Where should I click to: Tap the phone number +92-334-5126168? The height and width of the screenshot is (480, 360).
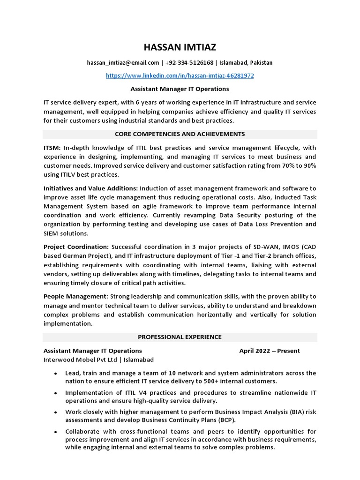point(190,63)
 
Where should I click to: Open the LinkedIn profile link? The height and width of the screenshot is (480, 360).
point(180,75)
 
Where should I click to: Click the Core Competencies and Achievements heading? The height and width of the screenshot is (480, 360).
point(180,134)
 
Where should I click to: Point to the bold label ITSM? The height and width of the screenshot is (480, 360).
point(52,148)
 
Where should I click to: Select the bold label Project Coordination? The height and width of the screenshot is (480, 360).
point(76,247)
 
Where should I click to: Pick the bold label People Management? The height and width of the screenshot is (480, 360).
point(76,296)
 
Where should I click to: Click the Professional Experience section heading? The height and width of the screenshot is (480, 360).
point(180,337)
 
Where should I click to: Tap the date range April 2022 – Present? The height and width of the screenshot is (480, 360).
point(270,351)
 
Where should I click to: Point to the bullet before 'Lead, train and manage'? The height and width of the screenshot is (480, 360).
point(56,374)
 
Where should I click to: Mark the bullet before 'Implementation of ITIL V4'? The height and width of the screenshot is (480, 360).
point(56,393)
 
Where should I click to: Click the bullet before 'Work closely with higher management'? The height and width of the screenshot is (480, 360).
point(56,412)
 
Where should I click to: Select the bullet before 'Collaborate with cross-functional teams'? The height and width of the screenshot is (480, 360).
point(56,432)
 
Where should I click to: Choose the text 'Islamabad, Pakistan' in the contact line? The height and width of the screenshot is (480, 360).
point(246,63)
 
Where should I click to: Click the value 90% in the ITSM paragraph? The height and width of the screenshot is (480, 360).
point(308,166)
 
